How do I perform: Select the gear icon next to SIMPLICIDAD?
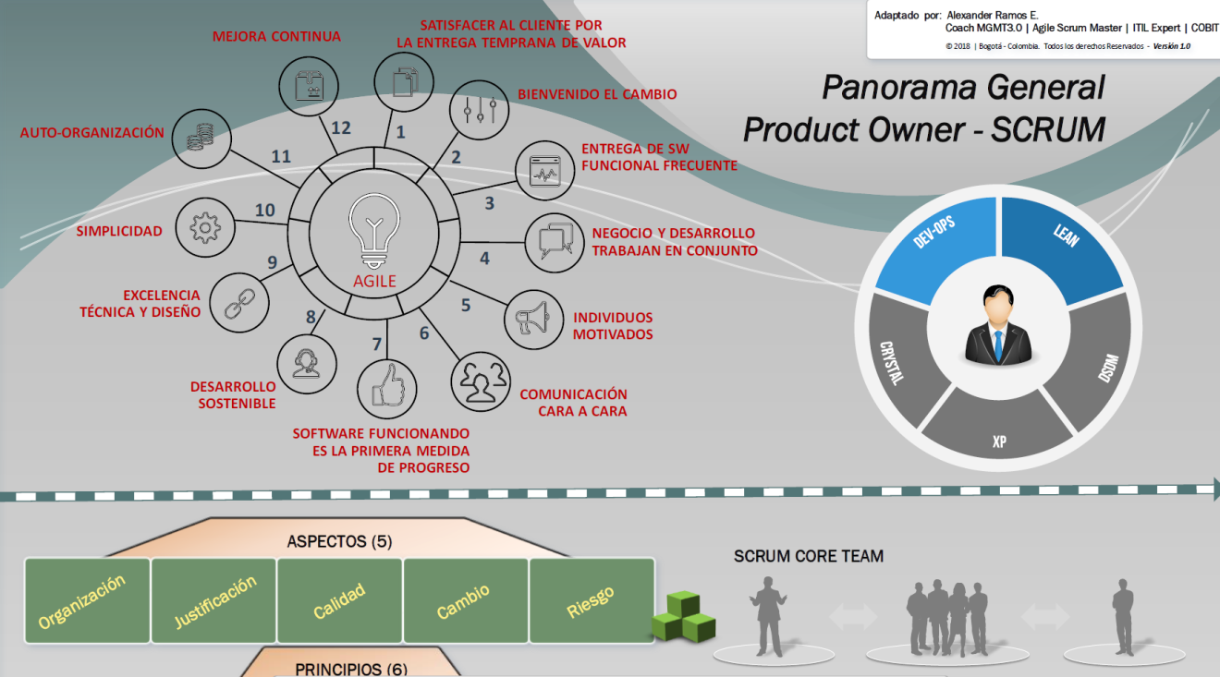coord(203,227)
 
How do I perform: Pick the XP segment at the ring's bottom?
coord(999,435)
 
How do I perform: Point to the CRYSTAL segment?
coord(894,360)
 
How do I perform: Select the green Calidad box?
coord(339,601)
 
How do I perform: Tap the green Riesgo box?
coord(592,601)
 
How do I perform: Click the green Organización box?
coord(87,601)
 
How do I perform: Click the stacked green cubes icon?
coord(684,616)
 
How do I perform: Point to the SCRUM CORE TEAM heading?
coord(809,556)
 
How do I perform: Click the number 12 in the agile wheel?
coord(341,127)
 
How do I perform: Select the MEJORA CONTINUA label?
coord(276,37)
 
